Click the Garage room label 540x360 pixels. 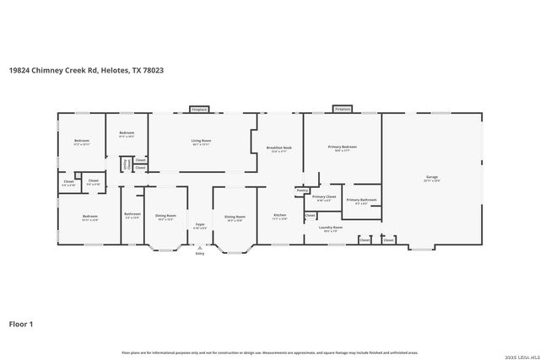click(x=431, y=177)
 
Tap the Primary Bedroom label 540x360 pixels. click(x=343, y=148)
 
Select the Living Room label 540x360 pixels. click(x=201, y=141)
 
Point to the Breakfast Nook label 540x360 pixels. click(x=280, y=148)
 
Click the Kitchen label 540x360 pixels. click(x=280, y=216)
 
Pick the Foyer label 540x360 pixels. click(x=200, y=224)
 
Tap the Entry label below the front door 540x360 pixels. click(x=200, y=254)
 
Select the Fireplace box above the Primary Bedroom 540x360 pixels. click(x=343, y=109)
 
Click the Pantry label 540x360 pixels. click(x=302, y=191)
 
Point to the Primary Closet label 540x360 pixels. click(x=325, y=197)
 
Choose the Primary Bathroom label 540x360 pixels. click(x=362, y=200)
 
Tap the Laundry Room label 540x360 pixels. click(x=330, y=227)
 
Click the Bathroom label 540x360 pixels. click(x=132, y=214)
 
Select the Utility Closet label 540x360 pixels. click(x=128, y=166)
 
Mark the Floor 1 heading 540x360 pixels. click(x=22, y=324)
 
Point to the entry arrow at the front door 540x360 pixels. click(x=200, y=248)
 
